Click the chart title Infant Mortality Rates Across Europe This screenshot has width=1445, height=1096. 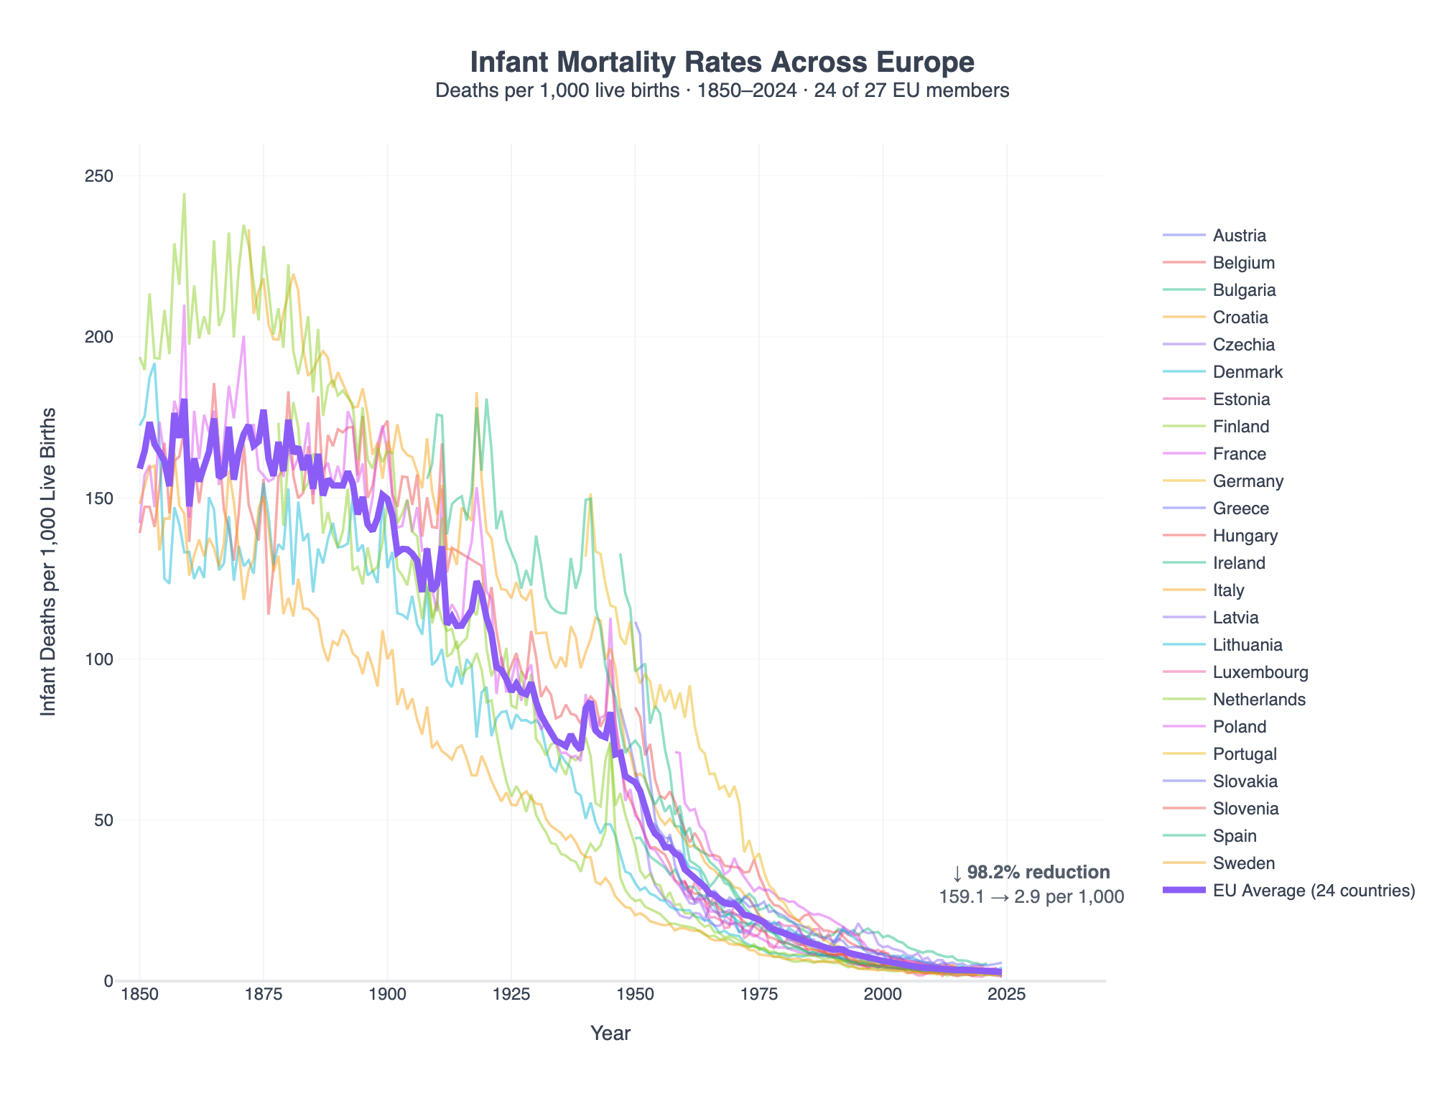tap(722, 63)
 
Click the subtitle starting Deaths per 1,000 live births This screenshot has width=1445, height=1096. tap(722, 90)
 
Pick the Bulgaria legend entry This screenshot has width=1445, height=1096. tap(1244, 290)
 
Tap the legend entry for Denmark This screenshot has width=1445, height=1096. tap(1247, 372)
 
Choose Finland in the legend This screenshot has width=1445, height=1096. tap(1240, 427)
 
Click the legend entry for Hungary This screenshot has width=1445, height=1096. tap(1245, 536)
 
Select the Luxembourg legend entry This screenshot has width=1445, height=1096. tap(1260, 672)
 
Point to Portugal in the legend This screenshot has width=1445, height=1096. tap(1245, 754)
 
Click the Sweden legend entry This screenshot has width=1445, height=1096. tap(1244, 863)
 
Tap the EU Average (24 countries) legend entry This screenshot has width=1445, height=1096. tap(1313, 891)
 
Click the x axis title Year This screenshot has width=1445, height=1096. tap(610, 1034)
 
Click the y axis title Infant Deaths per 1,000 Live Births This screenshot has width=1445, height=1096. tap(48, 562)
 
